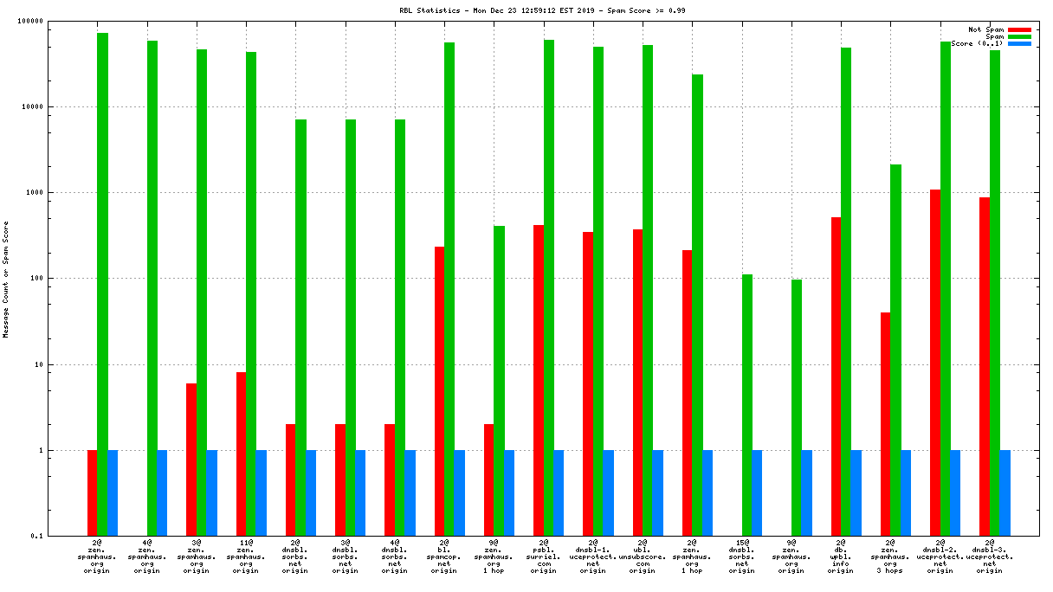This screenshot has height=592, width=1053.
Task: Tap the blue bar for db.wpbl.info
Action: click(856, 493)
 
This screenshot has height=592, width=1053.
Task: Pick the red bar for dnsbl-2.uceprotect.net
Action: click(935, 363)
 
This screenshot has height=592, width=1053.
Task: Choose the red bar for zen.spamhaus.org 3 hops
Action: click(885, 424)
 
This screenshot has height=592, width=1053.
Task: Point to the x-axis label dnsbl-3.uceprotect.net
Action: click(990, 558)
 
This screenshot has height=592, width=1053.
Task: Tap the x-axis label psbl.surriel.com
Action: click(544, 558)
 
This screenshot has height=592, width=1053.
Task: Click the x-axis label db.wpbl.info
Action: click(841, 558)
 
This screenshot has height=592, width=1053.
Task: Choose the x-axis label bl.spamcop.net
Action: click(444, 558)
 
